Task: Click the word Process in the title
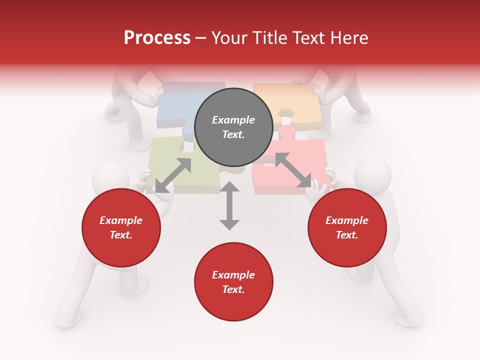[x=157, y=38]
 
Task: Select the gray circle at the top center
[x=233, y=127]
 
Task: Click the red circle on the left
[x=121, y=228]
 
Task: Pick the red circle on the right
[x=347, y=228]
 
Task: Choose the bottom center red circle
[x=233, y=282]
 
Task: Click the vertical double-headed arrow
[x=229, y=206]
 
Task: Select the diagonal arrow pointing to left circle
[x=173, y=175]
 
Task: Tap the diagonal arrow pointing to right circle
[x=292, y=170]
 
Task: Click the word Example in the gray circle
[x=233, y=120]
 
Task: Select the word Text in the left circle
[x=121, y=235]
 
